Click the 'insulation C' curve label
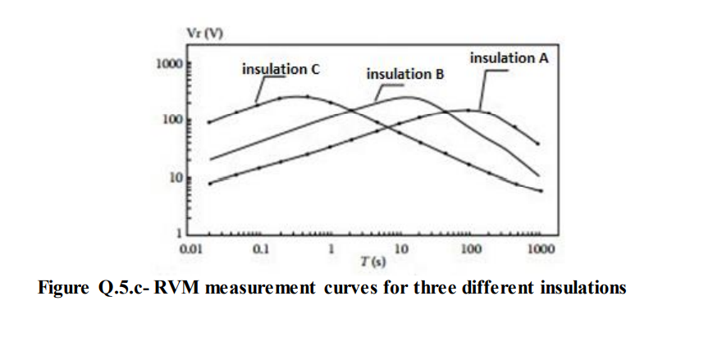[280, 70]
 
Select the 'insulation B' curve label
[404, 75]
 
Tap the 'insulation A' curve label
[509, 58]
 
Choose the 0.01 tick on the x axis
[191, 248]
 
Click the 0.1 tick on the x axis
[261, 248]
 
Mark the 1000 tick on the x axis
[541, 248]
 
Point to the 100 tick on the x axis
[470, 248]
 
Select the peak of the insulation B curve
[408, 98]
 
